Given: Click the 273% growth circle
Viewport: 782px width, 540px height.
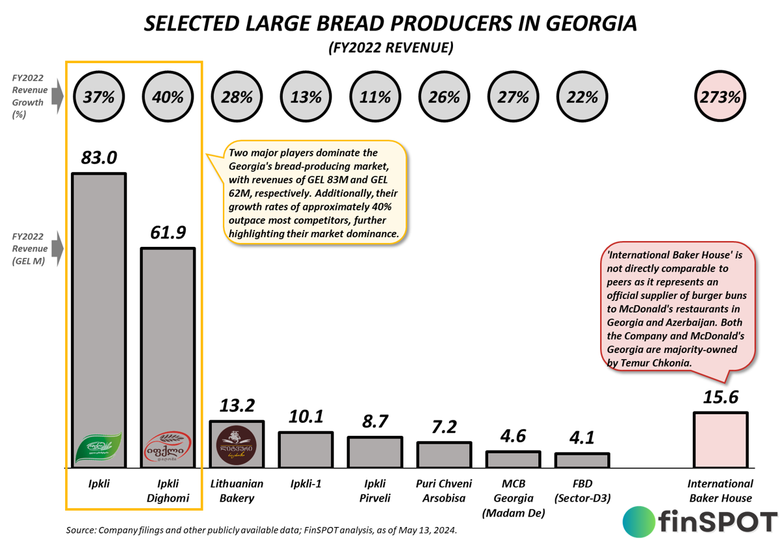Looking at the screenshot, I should click(x=721, y=98).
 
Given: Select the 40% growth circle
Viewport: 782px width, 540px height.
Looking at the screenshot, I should click(x=167, y=98).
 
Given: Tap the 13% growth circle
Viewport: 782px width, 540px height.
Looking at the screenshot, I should click(x=306, y=98).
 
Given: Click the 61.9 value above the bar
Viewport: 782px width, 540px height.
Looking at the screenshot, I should click(x=168, y=233).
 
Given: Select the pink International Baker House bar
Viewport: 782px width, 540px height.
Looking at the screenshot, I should click(x=720, y=440).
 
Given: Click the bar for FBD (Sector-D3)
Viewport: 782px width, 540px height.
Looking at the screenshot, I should click(x=582, y=460).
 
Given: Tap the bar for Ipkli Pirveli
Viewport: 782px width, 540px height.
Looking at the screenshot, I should click(x=375, y=452).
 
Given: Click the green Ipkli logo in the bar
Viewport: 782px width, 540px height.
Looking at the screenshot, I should click(x=99, y=449).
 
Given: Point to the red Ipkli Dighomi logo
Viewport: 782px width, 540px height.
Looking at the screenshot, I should click(x=167, y=449).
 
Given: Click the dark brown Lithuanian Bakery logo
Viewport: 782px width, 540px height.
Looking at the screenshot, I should click(x=237, y=446).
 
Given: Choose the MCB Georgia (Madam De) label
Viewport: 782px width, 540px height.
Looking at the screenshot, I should click(x=513, y=498).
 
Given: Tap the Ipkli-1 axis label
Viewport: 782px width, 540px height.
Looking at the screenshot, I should click(x=306, y=484).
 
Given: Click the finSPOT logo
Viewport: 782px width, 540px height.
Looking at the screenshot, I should click(x=700, y=521).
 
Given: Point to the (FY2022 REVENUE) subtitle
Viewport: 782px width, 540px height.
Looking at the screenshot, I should click(x=390, y=48).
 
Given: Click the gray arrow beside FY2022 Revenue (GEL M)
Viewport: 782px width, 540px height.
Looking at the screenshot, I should click(x=58, y=248).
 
